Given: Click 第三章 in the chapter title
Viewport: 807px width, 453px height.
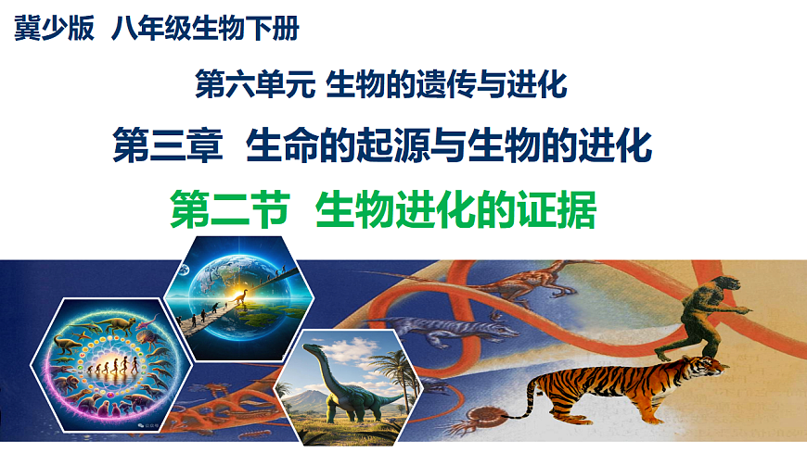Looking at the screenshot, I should coord(166,146).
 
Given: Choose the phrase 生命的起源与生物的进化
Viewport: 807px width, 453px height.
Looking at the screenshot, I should coord(451,146).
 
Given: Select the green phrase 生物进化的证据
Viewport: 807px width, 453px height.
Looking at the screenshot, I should coord(455,209).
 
